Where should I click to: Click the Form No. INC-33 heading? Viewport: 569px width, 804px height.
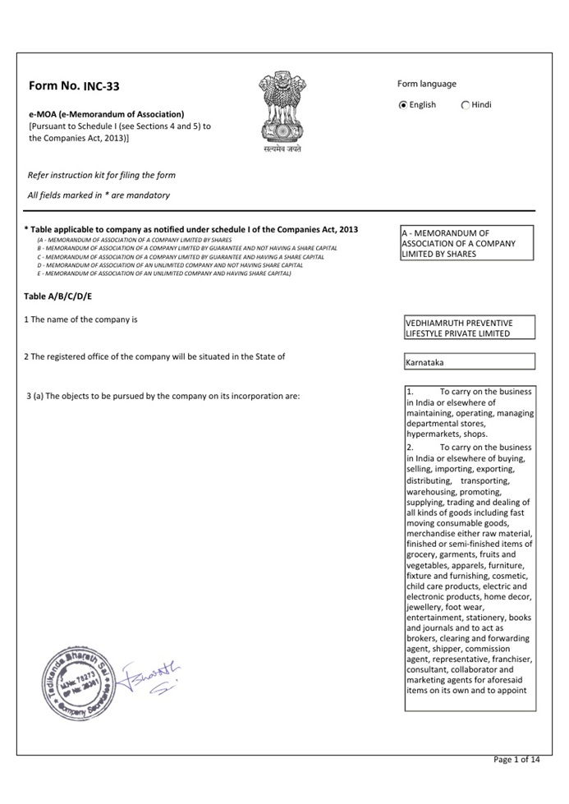point(73,86)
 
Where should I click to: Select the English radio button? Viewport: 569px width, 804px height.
point(403,105)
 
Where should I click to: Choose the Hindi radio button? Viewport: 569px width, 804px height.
point(466,105)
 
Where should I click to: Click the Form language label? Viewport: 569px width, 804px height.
point(427,84)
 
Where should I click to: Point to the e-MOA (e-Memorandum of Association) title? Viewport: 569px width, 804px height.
point(106,114)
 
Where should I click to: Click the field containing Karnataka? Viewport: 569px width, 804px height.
point(469,361)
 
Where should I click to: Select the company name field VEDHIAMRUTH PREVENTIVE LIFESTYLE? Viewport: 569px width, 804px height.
point(469,328)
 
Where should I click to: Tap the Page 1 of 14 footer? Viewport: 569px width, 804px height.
point(516,760)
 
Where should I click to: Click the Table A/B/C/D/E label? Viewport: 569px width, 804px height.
point(57,296)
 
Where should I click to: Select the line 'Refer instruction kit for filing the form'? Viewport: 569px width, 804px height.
point(101,175)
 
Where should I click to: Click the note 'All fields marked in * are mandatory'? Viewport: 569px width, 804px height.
point(99,195)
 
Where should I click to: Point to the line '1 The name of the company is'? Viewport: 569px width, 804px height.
point(80,319)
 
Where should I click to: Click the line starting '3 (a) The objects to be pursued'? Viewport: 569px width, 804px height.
point(163,397)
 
